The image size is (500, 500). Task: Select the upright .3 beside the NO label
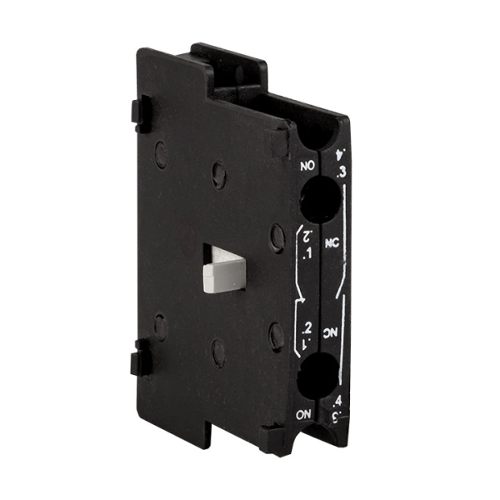(340, 173)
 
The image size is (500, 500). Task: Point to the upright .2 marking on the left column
(307, 325)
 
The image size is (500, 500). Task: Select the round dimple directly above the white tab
(218, 173)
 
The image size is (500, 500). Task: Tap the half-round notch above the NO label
(317, 133)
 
